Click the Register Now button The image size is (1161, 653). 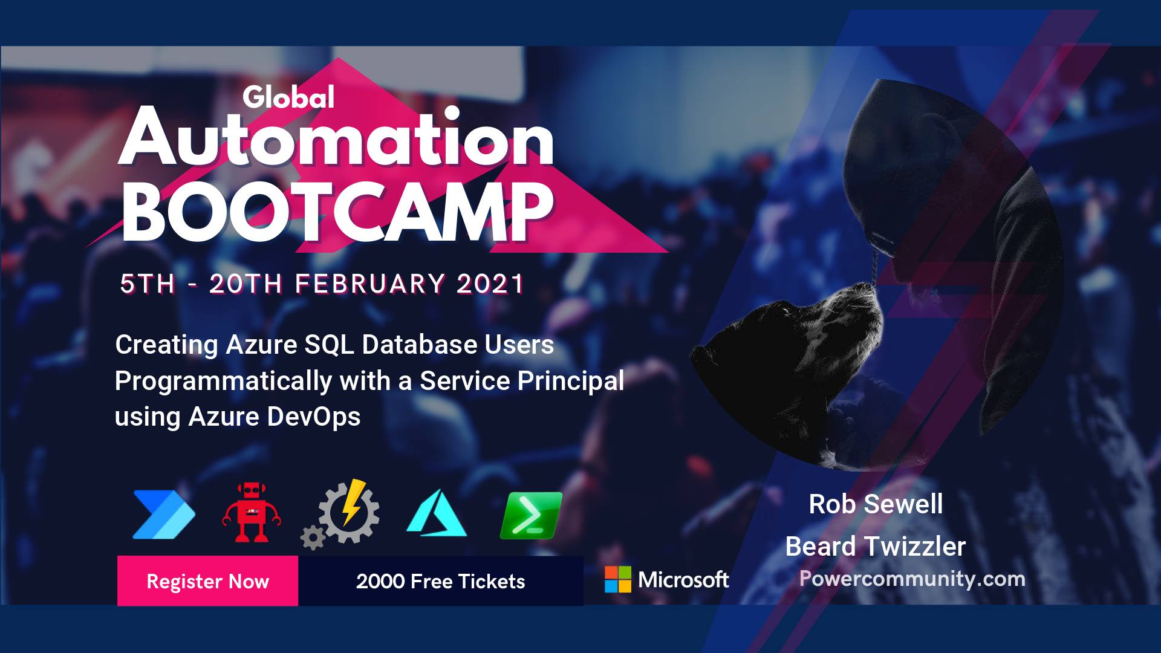point(207,580)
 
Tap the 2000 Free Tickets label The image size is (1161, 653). point(440,581)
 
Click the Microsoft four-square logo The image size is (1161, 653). point(618,579)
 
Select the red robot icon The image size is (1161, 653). point(251,512)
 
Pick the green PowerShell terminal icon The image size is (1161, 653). point(531,515)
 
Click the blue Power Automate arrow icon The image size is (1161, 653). point(164,514)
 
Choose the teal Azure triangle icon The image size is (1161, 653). point(437,513)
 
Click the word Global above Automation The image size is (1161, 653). point(288,97)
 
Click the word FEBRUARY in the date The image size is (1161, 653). point(370,284)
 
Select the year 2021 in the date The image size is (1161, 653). point(490,284)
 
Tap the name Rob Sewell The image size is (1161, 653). point(876,504)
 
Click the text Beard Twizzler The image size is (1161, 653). point(876,546)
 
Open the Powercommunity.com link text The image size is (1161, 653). point(912,579)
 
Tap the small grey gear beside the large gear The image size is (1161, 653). point(313,537)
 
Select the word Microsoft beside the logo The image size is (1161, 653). point(684,580)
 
